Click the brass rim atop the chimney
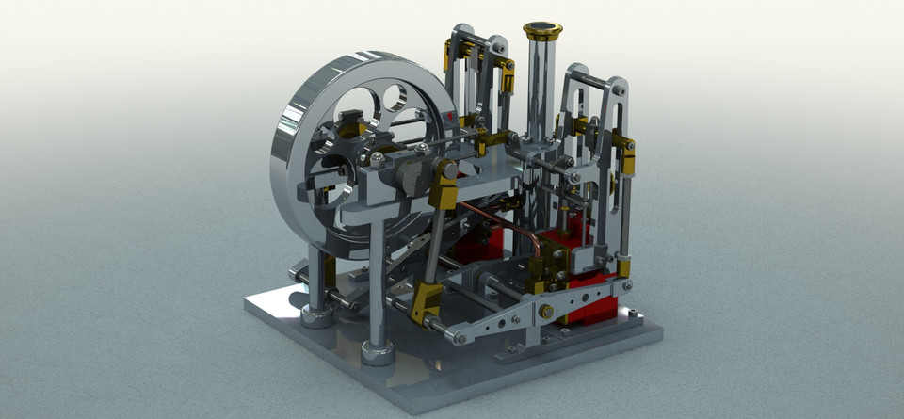point(543,31)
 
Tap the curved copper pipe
point(513,221)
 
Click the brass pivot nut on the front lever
point(546,312)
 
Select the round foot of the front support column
point(378,352)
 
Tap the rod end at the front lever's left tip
point(459,337)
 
